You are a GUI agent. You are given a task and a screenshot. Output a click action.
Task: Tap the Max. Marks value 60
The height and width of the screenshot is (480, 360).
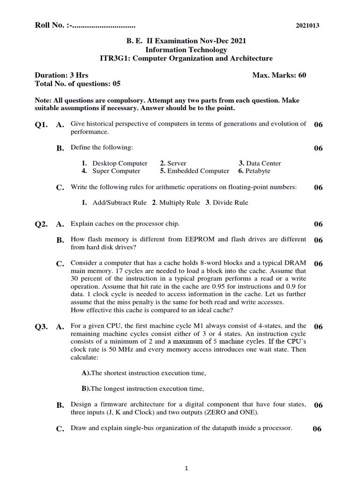[x=301, y=75]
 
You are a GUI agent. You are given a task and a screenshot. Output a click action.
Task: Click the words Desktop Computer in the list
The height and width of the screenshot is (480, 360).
[x=120, y=163]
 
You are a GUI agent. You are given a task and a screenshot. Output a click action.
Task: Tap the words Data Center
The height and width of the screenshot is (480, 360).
[x=263, y=163]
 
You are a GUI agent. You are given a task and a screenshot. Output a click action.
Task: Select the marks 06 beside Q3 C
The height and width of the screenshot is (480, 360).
[x=317, y=429]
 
